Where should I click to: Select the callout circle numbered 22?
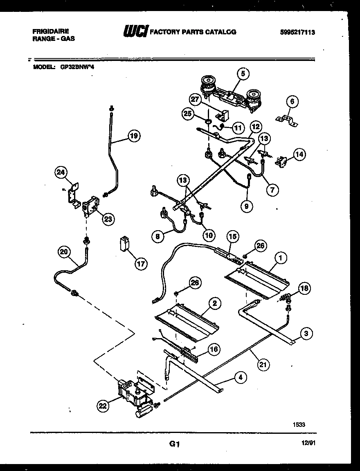tap(103, 406)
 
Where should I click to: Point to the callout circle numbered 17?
tap(141, 264)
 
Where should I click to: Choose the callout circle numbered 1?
tap(281, 258)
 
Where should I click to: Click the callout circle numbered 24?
tap(61, 173)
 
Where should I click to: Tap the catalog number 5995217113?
tap(297, 33)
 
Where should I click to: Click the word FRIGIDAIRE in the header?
tap(50, 31)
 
